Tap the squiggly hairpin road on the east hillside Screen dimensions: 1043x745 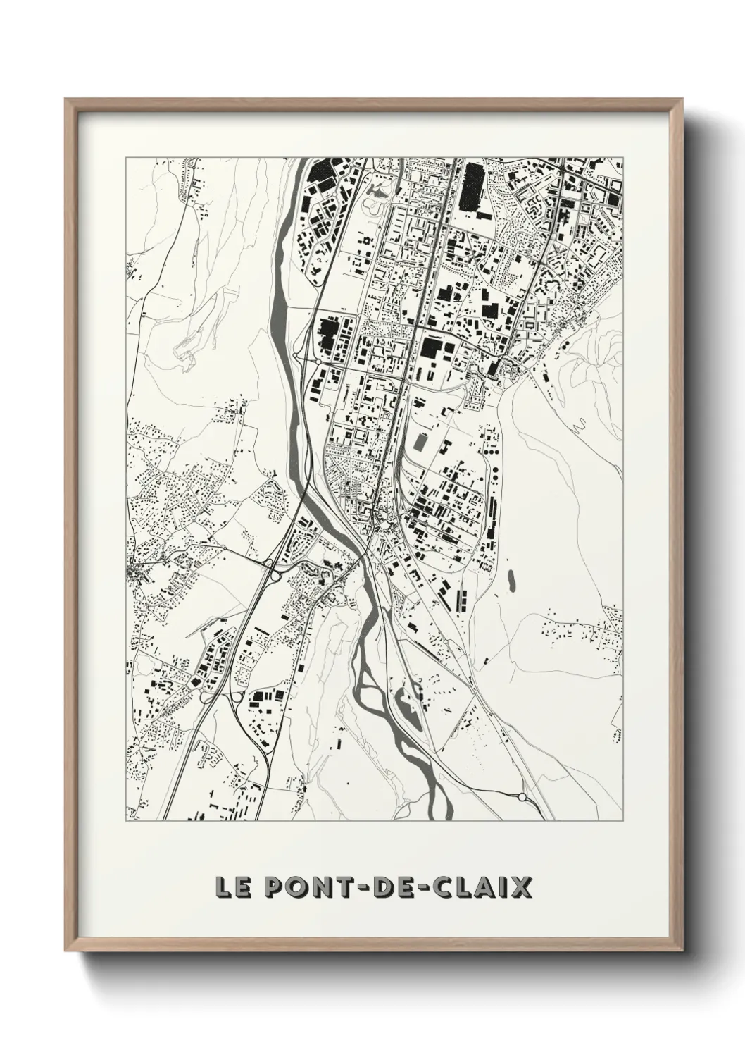pyautogui.click(x=580, y=425)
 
